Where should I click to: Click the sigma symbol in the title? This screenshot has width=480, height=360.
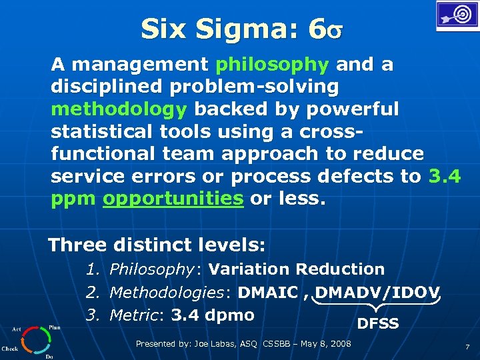(x=335, y=31)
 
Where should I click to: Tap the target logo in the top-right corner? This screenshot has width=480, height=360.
(x=457, y=16)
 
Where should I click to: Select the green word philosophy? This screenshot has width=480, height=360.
(x=273, y=65)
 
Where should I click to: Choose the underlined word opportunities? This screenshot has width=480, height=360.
(x=173, y=199)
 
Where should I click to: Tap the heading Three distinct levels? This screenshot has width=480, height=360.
(x=157, y=245)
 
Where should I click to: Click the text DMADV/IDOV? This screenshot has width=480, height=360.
(x=378, y=292)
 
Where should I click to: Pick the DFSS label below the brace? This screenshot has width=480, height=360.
(x=378, y=324)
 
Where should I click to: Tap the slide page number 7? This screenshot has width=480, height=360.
(x=467, y=347)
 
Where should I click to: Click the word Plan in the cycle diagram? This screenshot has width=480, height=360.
(x=55, y=328)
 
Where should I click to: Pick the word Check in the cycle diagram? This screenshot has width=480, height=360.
(x=10, y=349)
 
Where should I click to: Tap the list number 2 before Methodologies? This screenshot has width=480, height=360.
(x=92, y=292)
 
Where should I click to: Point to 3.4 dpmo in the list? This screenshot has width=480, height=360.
(x=213, y=315)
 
